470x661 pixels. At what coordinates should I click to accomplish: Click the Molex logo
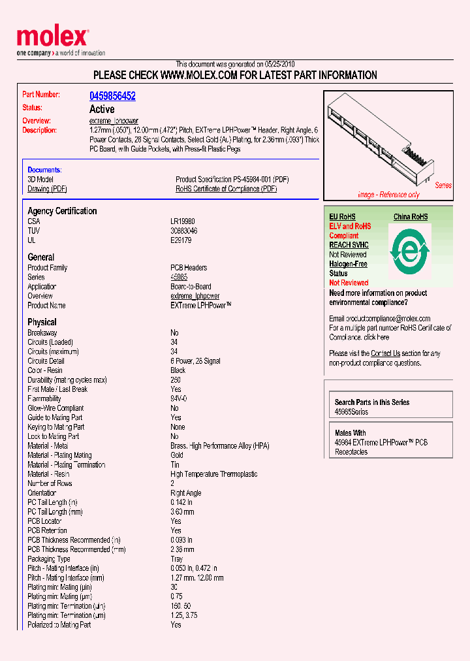pyautogui.click(x=52, y=38)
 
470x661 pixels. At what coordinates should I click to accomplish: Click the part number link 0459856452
pyautogui.click(x=112, y=96)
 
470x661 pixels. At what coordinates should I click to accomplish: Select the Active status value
pyautogui.click(x=102, y=109)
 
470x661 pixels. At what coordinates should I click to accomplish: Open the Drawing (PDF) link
pyautogui.click(x=47, y=189)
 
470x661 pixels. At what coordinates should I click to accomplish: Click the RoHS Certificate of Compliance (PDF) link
pyautogui.click(x=226, y=189)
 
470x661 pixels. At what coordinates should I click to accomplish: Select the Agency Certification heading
pyautogui.click(x=62, y=211)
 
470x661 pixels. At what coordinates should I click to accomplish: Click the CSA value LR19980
pyautogui.click(x=183, y=221)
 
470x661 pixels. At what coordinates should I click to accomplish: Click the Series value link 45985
pyautogui.click(x=179, y=277)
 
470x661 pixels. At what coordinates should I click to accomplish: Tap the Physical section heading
pyautogui.click(x=42, y=322)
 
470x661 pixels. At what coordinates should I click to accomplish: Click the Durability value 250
pyautogui.click(x=176, y=379)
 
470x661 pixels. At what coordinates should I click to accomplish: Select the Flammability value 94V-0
pyautogui.click(x=179, y=398)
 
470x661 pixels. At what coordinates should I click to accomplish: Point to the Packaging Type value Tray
pyautogui.click(x=177, y=559)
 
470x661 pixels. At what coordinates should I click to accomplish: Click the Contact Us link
pyautogui.click(x=385, y=353)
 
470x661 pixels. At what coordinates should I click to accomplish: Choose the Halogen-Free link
pyautogui.click(x=348, y=264)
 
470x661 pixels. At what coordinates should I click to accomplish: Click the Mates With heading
pyautogui.click(x=350, y=433)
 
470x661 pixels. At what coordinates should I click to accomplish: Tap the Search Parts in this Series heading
pyautogui.click(x=372, y=402)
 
